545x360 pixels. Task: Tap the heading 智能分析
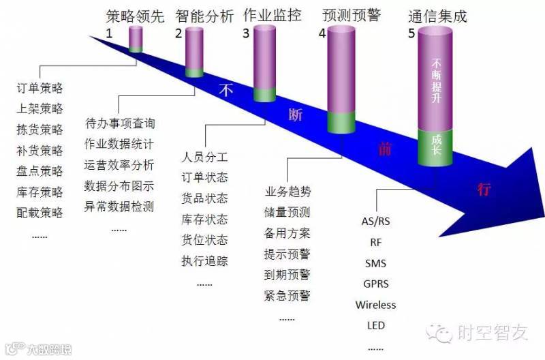tap(204, 16)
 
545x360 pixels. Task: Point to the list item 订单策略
tap(40, 89)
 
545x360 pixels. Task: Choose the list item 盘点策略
tap(40, 171)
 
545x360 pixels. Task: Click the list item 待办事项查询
tap(120, 124)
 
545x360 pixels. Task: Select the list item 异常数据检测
tap(119, 206)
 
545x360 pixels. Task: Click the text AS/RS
tap(375, 221)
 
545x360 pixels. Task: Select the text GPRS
tap(375, 284)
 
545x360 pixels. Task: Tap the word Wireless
tap(375, 305)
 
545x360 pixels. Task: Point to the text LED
tap(375, 325)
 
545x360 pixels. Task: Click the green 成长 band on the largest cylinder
tap(437, 145)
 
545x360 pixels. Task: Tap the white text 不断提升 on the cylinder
tap(437, 82)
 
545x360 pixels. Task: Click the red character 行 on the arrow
tap(484, 190)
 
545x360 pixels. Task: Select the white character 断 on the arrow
tap(296, 115)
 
